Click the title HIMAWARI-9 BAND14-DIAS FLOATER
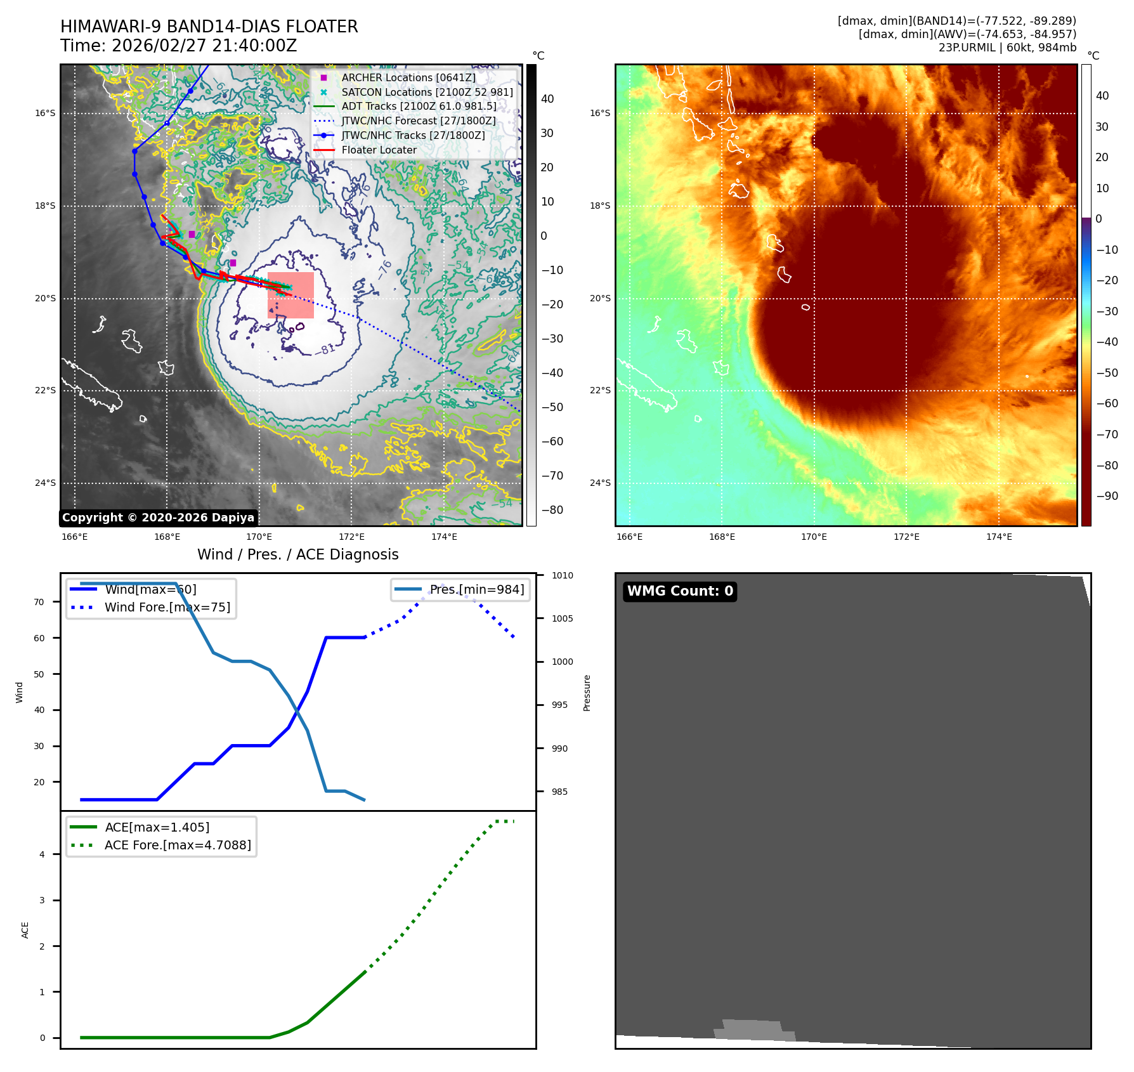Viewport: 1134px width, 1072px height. click(209, 27)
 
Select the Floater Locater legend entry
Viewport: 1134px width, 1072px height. click(379, 150)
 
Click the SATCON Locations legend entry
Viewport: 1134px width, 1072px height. click(427, 92)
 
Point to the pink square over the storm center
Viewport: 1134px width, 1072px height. click(290, 295)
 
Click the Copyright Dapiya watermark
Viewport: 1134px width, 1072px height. click(158, 518)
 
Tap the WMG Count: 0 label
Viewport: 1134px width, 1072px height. click(680, 591)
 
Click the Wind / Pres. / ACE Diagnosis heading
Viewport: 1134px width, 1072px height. click(297, 554)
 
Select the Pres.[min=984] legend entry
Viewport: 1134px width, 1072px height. click(476, 589)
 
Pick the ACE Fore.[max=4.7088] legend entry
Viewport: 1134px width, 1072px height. click(178, 845)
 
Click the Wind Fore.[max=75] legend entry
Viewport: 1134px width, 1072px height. click(167, 607)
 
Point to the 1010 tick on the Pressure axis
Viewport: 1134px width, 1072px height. click(562, 575)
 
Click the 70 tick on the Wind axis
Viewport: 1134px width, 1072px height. click(39, 602)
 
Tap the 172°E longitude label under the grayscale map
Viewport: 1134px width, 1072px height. click(351, 537)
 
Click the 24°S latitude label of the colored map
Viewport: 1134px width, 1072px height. click(600, 483)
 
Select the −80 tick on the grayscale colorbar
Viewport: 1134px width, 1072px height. click(552, 510)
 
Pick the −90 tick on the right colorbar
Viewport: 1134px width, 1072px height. click(1107, 496)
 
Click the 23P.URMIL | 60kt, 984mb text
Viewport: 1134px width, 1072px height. click(1007, 48)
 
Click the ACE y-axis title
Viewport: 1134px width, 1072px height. click(25, 930)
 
